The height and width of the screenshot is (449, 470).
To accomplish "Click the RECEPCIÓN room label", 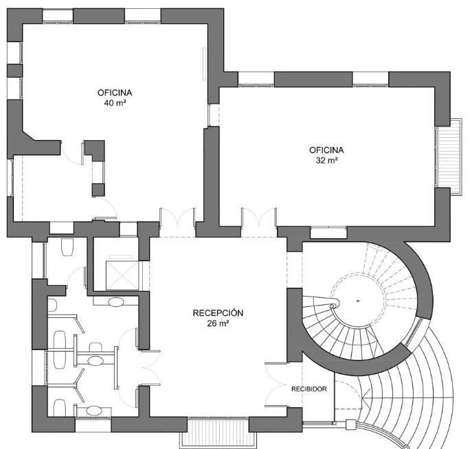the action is (x=218, y=313).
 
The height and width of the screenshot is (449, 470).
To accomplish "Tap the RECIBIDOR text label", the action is (x=309, y=389).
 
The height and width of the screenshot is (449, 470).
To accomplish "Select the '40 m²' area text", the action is (x=115, y=103).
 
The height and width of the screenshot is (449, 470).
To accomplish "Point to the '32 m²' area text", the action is (x=326, y=160).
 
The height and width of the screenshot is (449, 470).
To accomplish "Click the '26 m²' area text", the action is (x=219, y=323).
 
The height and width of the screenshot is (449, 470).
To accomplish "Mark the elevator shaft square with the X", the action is (x=122, y=275).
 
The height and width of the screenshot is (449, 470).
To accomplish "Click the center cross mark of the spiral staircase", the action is (x=358, y=301).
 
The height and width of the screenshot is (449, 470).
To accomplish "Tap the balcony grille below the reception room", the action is (x=219, y=432).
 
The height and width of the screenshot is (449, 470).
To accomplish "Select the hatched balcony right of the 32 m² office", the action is (x=449, y=157).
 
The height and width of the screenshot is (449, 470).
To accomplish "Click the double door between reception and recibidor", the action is (x=276, y=384).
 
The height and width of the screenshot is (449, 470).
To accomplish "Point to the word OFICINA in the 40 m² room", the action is (x=115, y=93).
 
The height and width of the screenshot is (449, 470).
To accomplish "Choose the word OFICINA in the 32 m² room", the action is (x=326, y=150).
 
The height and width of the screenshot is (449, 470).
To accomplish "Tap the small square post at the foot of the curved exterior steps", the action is (x=350, y=425).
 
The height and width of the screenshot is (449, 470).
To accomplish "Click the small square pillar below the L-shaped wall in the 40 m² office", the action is (x=98, y=190).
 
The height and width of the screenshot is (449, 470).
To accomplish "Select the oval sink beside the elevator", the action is (x=115, y=301).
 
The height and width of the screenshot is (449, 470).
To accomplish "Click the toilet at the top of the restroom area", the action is (x=67, y=247).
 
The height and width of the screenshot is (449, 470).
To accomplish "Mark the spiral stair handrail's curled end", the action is (x=333, y=306).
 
